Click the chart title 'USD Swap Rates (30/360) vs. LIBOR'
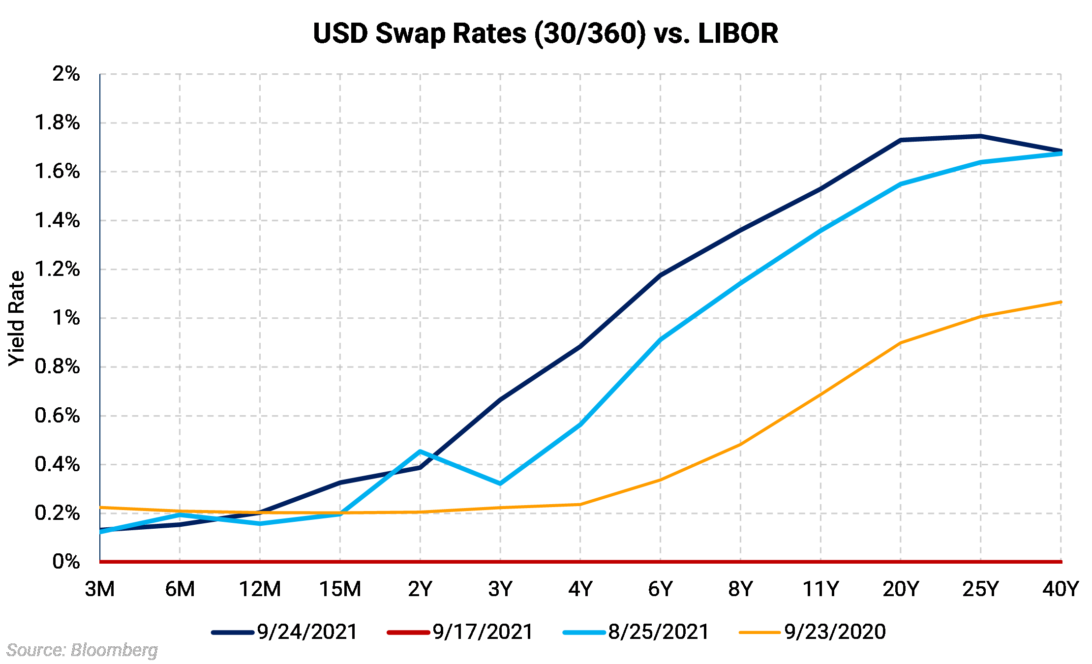click(546, 33)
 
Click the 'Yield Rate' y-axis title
click(17, 318)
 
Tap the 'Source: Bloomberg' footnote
click(82, 650)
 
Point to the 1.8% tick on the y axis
click(58, 122)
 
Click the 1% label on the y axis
click(66, 318)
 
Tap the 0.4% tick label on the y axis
click(58, 464)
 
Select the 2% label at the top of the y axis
click(66, 74)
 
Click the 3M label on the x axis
click(100, 589)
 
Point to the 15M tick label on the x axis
click(340, 589)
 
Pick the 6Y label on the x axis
click(660, 589)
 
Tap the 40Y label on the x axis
click(1060, 589)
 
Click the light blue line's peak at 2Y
click(420, 451)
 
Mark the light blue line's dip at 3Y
click(500, 484)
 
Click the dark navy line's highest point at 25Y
click(980, 136)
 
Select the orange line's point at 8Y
click(740, 445)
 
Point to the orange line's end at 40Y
click(1060, 302)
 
